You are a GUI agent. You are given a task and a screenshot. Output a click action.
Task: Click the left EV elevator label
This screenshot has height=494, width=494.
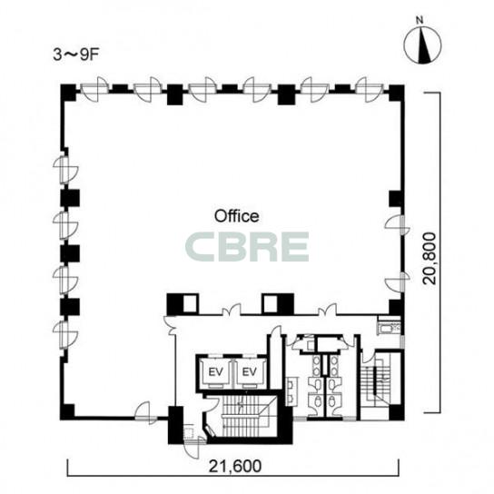[216, 372]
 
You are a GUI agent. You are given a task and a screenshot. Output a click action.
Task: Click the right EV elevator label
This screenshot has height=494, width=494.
[250, 372]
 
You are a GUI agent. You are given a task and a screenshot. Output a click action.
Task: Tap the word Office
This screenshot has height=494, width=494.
[237, 216]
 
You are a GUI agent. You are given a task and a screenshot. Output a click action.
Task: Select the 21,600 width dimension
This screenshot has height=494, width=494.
[235, 466]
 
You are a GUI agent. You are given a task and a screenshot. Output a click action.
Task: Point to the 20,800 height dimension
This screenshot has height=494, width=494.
[430, 259]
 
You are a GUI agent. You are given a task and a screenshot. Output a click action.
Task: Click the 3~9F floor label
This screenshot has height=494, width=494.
[76, 55]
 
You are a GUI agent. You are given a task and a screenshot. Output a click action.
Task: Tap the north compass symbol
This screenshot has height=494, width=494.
[422, 45]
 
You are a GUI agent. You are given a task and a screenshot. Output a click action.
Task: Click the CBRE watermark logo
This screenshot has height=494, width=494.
[247, 247]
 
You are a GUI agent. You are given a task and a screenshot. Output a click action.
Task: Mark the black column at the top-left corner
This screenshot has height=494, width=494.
[68, 93]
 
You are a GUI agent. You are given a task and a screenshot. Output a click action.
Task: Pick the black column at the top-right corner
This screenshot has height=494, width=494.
[396, 93]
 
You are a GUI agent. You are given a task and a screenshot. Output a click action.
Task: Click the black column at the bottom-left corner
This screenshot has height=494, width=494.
[68, 411]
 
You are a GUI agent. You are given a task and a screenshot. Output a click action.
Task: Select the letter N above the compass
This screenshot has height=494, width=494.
[420, 21]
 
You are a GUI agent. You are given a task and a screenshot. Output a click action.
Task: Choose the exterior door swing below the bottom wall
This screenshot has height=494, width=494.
[192, 449]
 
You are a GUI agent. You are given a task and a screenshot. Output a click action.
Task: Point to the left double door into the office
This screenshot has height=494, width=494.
[232, 310]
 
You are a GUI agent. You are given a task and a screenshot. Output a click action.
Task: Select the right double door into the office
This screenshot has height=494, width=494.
[327, 310]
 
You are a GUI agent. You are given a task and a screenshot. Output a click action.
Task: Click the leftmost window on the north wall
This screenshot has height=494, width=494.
[94, 89]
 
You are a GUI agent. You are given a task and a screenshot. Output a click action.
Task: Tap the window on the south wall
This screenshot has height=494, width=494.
[145, 412]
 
